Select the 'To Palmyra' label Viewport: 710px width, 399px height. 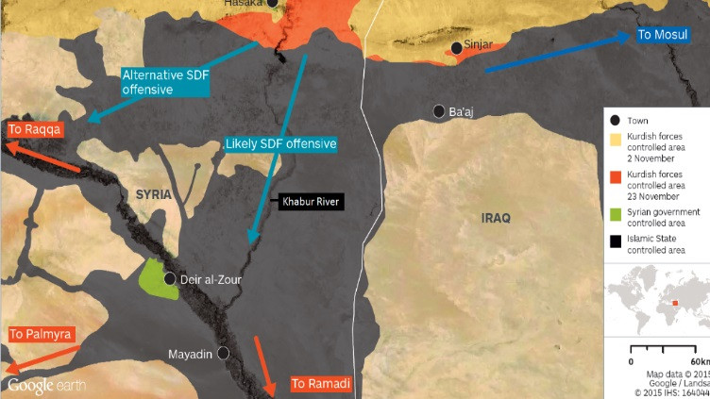(x=41, y=334)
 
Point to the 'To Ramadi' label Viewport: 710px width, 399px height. (x=321, y=384)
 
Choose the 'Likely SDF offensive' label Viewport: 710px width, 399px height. (x=280, y=144)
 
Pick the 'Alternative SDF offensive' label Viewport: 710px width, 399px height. (x=161, y=82)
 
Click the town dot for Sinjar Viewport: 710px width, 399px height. (x=457, y=47)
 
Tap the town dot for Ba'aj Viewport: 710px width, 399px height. (x=439, y=111)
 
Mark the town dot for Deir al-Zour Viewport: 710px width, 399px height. (x=170, y=279)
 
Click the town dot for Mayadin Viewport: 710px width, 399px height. (x=223, y=353)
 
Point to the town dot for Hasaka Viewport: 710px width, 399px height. (x=272, y=4)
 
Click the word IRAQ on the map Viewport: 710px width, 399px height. (x=496, y=218)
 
